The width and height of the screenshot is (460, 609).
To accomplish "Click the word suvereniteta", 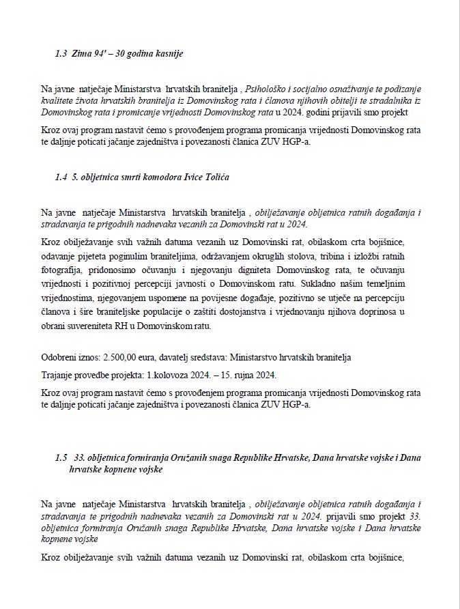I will point(102,326).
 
